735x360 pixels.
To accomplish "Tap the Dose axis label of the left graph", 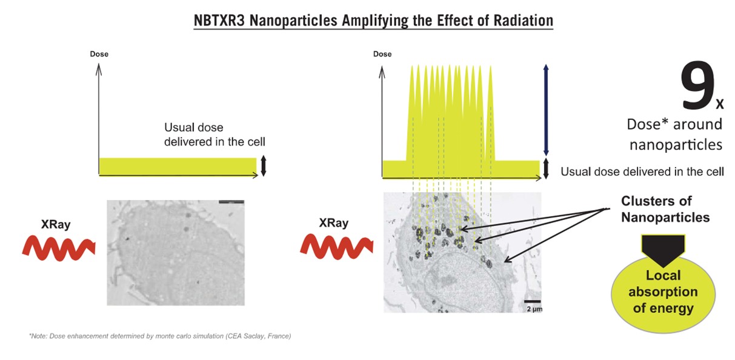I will pyautogui.click(x=99, y=54).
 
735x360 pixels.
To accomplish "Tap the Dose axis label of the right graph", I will pyautogui.click(x=382, y=54).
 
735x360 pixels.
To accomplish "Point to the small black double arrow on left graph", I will pyautogui.click(x=263, y=166).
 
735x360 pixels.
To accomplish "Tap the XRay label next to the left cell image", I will pyautogui.click(x=56, y=224).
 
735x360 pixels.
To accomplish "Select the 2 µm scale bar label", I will pyautogui.click(x=532, y=309).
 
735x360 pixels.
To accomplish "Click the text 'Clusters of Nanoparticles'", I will pyautogui.click(x=665, y=209).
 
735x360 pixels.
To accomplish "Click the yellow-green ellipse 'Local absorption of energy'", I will pyautogui.click(x=662, y=293).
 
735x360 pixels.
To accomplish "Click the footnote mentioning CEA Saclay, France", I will pyautogui.click(x=160, y=336).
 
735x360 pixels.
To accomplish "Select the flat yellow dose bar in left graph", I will pyautogui.click(x=177, y=166).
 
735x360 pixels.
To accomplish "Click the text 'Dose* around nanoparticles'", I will pyautogui.click(x=674, y=134).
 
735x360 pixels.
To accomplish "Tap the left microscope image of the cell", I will pyautogui.click(x=176, y=252).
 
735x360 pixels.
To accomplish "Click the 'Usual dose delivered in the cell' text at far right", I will pyautogui.click(x=642, y=172).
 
